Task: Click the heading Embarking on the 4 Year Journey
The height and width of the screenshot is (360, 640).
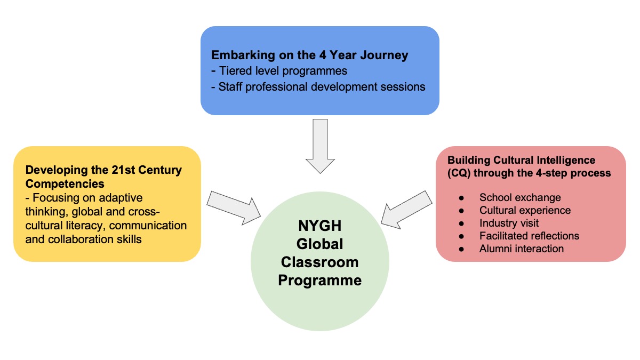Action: coord(310,55)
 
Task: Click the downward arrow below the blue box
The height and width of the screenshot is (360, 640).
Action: coord(320,146)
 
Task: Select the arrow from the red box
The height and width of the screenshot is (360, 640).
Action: coord(407,207)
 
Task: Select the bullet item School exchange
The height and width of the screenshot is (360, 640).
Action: coord(520,198)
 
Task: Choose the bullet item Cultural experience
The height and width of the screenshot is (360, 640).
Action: coord(525,210)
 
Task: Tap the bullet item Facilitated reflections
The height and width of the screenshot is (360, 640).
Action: coord(529,236)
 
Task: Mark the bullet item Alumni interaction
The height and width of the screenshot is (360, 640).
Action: coord(521,249)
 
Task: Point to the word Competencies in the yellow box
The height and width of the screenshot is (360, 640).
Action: coord(65,183)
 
